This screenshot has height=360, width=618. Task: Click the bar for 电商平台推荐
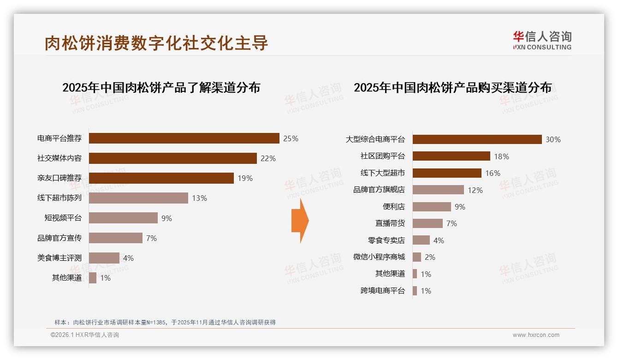(x=184, y=138)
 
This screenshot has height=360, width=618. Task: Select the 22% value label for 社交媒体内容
(x=268, y=158)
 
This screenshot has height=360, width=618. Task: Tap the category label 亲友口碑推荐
(x=59, y=178)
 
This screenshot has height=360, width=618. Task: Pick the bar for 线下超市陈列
(x=138, y=198)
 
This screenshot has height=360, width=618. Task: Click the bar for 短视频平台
(x=123, y=218)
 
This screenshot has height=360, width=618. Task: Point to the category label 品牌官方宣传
(x=59, y=238)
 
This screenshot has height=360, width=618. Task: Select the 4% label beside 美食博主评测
(x=128, y=258)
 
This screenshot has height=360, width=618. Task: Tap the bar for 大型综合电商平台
(x=477, y=139)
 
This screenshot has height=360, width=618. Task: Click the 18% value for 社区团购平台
(x=501, y=156)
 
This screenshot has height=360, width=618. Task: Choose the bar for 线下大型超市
(x=447, y=173)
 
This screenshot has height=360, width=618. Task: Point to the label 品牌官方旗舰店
(x=379, y=190)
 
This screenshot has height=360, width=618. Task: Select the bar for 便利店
(x=432, y=207)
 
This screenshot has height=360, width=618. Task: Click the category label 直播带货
(x=390, y=223)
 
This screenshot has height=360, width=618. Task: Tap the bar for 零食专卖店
(x=421, y=240)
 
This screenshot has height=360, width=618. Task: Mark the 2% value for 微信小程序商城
(x=430, y=257)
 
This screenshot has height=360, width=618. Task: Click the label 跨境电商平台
(x=383, y=291)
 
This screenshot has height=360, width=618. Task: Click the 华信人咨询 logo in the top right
(x=542, y=40)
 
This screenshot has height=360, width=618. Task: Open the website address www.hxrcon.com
(x=536, y=335)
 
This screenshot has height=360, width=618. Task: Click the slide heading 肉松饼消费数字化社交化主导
(x=156, y=43)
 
